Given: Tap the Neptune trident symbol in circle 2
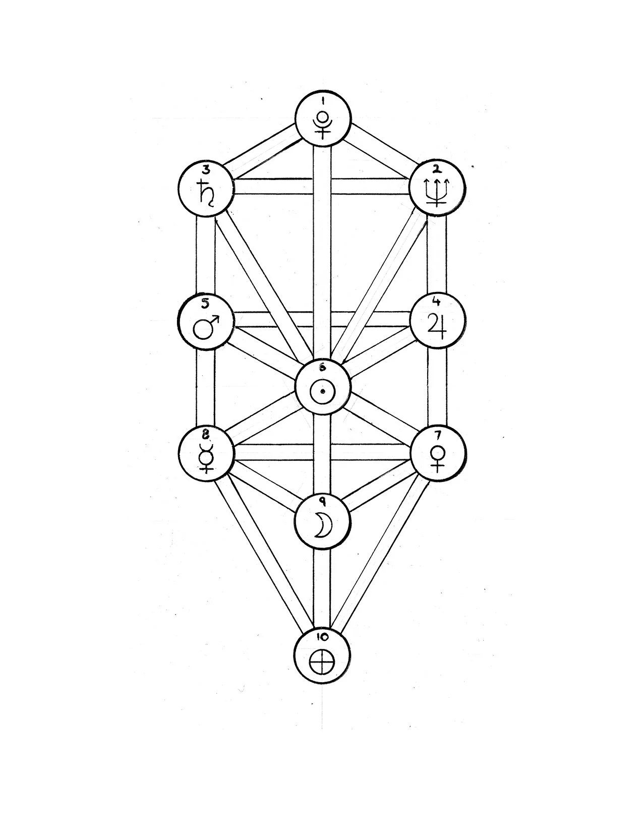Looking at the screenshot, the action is tap(437, 193).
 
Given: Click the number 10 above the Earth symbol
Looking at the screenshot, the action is tap(322, 636).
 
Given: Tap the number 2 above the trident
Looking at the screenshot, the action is tap(436, 169).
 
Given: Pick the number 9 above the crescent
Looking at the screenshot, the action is tap(322, 501).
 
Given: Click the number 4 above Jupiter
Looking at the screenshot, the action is tap(437, 302).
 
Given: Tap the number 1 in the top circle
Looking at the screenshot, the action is tap(322, 100).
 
